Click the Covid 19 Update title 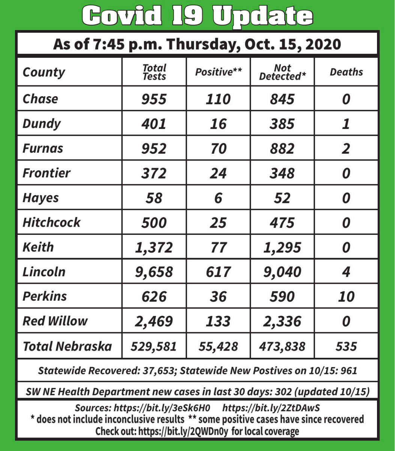click(197, 16)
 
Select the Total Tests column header click(154, 72)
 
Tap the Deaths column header click(346, 72)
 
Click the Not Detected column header click(282, 72)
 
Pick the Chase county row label click(41, 99)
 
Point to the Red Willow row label click(55, 321)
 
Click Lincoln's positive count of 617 click(218, 272)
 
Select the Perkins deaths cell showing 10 click(346, 297)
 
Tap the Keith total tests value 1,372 click(154, 247)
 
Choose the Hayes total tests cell click(154, 198)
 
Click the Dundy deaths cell click(346, 124)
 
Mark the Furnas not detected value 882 click(282, 148)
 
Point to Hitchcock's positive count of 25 click(218, 222)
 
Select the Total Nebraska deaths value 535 click(346, 346)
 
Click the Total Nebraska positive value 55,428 click(218, 346)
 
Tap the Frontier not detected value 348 click(282, 173)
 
